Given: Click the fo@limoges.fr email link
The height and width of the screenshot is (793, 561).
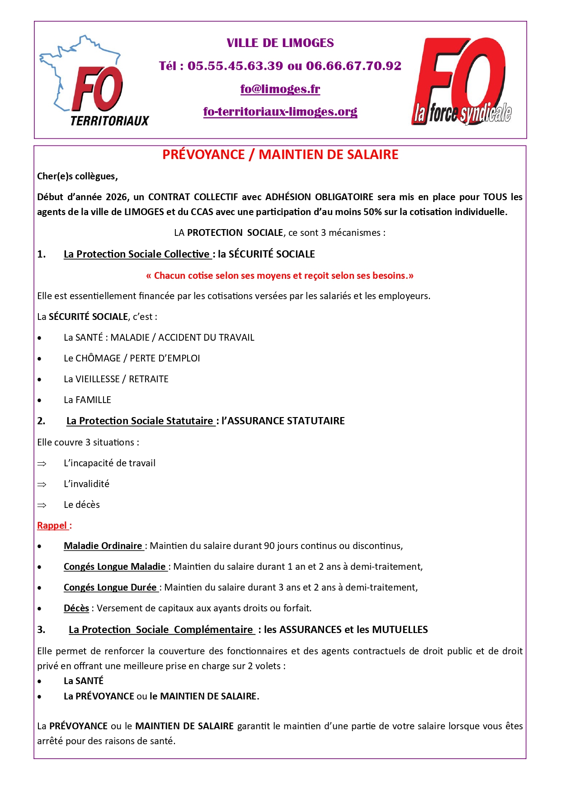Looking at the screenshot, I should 280,89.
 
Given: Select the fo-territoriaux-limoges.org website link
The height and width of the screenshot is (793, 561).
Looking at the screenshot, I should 280,112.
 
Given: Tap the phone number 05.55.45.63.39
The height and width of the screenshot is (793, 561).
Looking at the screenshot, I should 235,66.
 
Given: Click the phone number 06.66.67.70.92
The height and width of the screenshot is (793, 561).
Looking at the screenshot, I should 354,66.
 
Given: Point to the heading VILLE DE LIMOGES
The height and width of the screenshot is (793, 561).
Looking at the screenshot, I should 280,43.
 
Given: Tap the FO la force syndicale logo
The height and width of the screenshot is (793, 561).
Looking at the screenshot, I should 461,81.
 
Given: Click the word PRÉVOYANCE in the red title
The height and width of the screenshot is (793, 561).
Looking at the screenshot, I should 203,155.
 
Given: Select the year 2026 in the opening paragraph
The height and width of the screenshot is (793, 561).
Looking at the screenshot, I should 117,197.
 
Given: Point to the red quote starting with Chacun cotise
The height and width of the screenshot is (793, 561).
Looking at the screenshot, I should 280,276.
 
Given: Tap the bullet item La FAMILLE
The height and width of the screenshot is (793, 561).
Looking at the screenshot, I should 87,400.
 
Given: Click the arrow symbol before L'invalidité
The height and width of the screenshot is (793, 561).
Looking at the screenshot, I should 42,484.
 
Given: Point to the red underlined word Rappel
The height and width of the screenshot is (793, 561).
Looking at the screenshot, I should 52,526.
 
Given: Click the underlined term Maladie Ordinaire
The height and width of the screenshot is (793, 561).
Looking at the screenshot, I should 103,546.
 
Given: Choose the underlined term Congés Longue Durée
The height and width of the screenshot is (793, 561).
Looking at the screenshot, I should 110,587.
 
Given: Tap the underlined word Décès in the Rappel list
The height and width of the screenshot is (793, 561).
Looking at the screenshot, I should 76,608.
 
